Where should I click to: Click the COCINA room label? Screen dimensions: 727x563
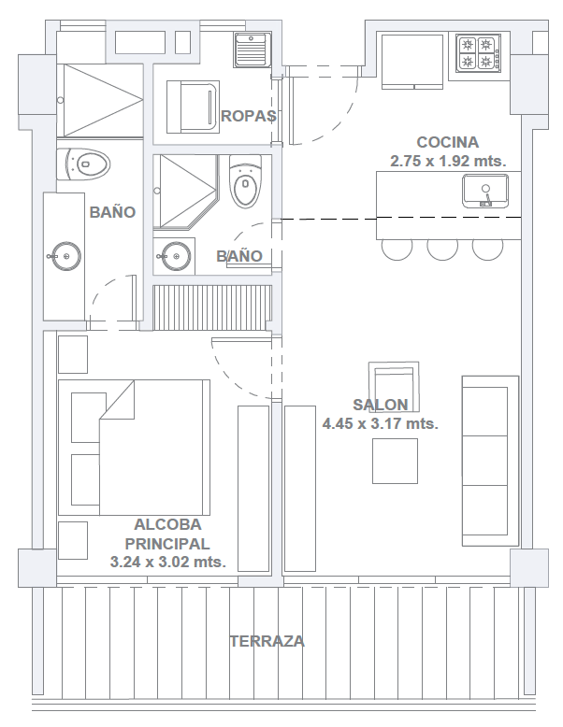click(447, 143)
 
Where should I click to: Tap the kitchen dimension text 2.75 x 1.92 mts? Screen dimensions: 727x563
click(448, 161)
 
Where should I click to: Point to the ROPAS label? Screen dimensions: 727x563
click(248, 117)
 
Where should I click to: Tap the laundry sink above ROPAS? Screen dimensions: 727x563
click(251, 50)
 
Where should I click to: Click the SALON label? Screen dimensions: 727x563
click(380, 406)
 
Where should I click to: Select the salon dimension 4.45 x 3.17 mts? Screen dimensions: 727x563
click(380, 423)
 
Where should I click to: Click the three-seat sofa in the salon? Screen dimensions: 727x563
click(490, 461)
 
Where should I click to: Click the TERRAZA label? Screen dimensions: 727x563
click(267, 642)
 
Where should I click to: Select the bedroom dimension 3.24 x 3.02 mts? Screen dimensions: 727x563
click(168, 563)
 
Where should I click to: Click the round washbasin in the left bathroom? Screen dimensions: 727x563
click(65, 253)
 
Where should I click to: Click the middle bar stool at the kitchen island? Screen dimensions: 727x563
click(441, 248)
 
